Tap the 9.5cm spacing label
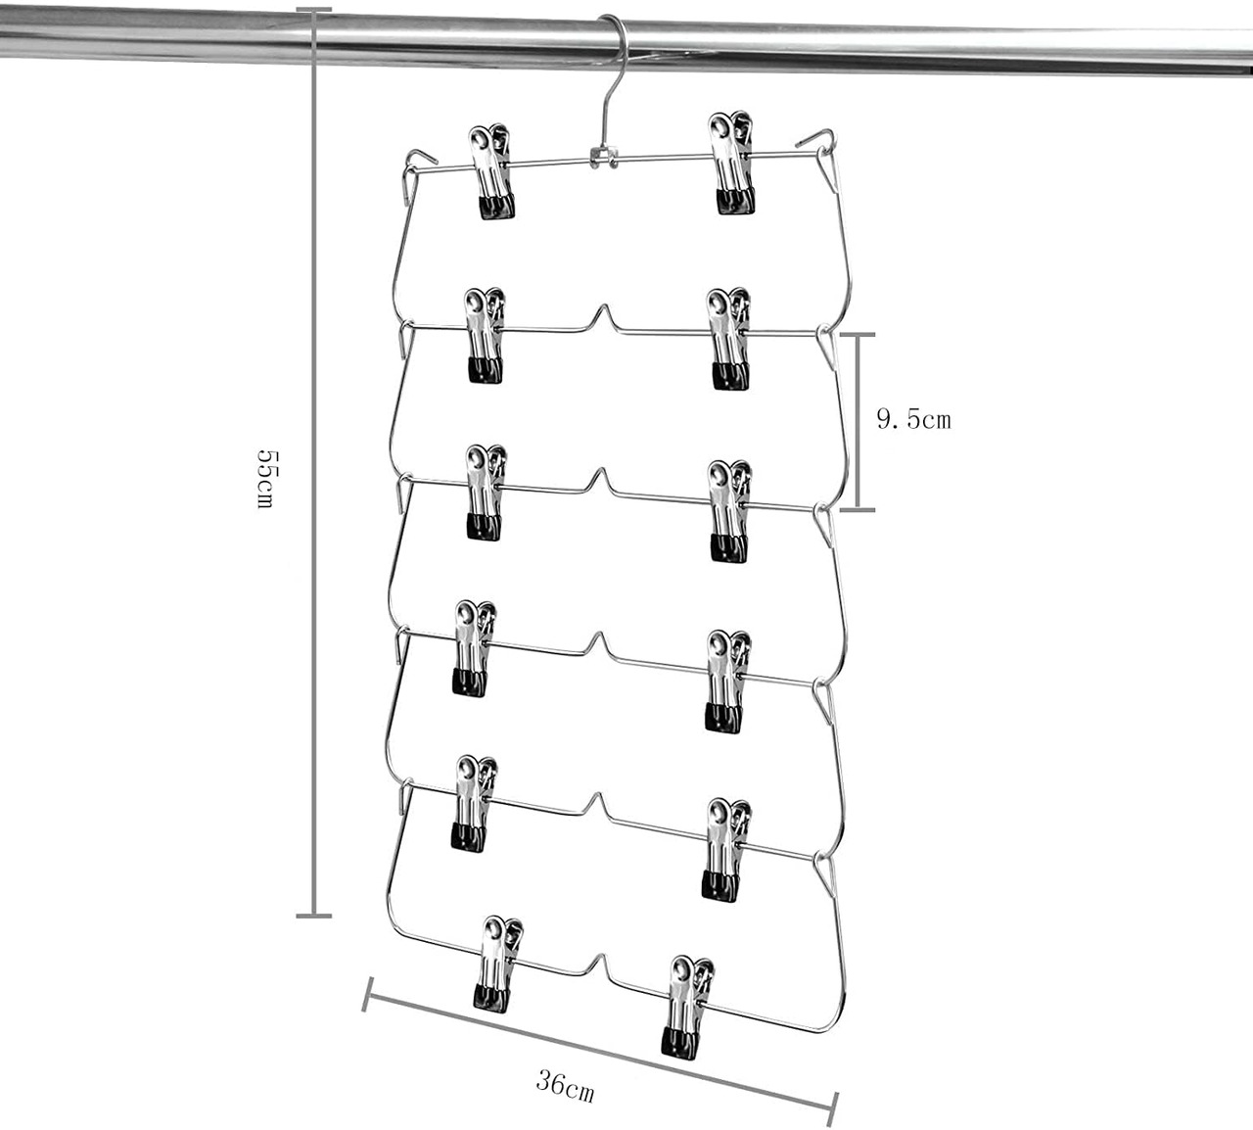pyautogui.click(x=913, y=420)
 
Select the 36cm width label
pyautogui.click(x=565, y=1086)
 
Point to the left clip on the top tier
pyautogui.click(x=491, y=170)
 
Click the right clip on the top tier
pyautogui.click(x=733, y=163)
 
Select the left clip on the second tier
pyautogui.click(x=485, y=335)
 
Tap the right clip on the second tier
pyautogui.click(x=730, y=339)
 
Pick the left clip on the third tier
pyautogui.click(x=485, y=492)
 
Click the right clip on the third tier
pyautogui.click(x=730, y=509)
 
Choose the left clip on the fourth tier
pyautogui.click(x=474, y=647)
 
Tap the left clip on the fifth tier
pyautogui.click(x=474, y=801)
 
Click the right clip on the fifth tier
pyautogui.click(x=724, y=848)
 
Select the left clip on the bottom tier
pyautogui.click(x=498, y=963)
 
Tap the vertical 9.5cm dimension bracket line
pyautogui.click(x=858, y=421)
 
